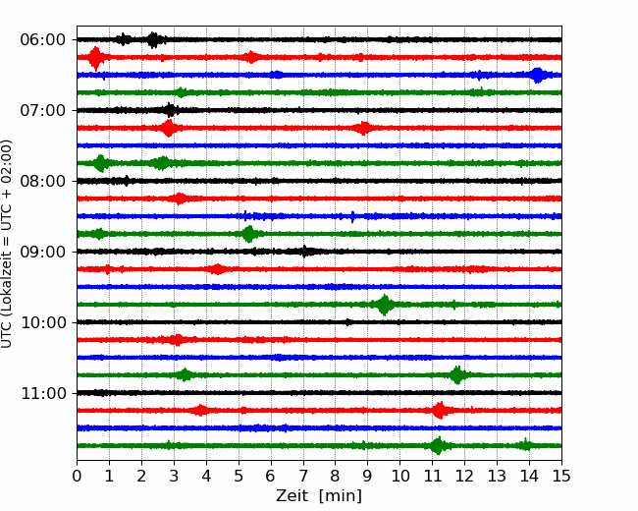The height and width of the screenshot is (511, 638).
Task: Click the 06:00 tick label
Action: pos(43,40)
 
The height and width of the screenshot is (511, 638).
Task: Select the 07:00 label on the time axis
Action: pos(43,110)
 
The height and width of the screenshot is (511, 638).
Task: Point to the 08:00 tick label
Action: pos(43,181)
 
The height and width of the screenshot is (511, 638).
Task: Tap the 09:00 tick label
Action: pos(43,252)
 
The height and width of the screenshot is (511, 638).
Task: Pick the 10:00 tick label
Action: pos(43,322)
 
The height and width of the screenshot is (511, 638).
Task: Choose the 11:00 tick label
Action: pos(43,393)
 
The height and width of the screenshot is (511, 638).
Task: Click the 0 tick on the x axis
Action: pos(77,476)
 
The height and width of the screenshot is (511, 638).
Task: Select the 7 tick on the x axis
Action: pos(303,476)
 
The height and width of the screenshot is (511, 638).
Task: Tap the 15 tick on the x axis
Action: pos(561,476)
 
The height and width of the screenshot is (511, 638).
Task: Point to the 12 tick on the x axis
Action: pos(464,476)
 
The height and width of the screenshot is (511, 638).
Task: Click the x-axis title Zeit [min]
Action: pos(319,496)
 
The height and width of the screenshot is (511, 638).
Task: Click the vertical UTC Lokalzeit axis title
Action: pos(6,244)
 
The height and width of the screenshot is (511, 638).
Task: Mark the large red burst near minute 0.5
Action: pos(95,58)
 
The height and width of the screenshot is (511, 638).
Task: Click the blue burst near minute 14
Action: pos(538,76)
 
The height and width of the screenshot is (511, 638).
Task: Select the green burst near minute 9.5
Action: pos(384,305)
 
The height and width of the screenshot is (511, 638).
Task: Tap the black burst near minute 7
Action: pos(304,252)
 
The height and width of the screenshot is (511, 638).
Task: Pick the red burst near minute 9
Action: pos(363,129)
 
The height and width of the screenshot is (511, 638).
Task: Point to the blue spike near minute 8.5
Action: pos(352,216)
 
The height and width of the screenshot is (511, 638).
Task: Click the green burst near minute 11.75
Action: pos(457,374)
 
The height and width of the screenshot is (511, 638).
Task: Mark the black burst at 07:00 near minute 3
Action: pos(171,110)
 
